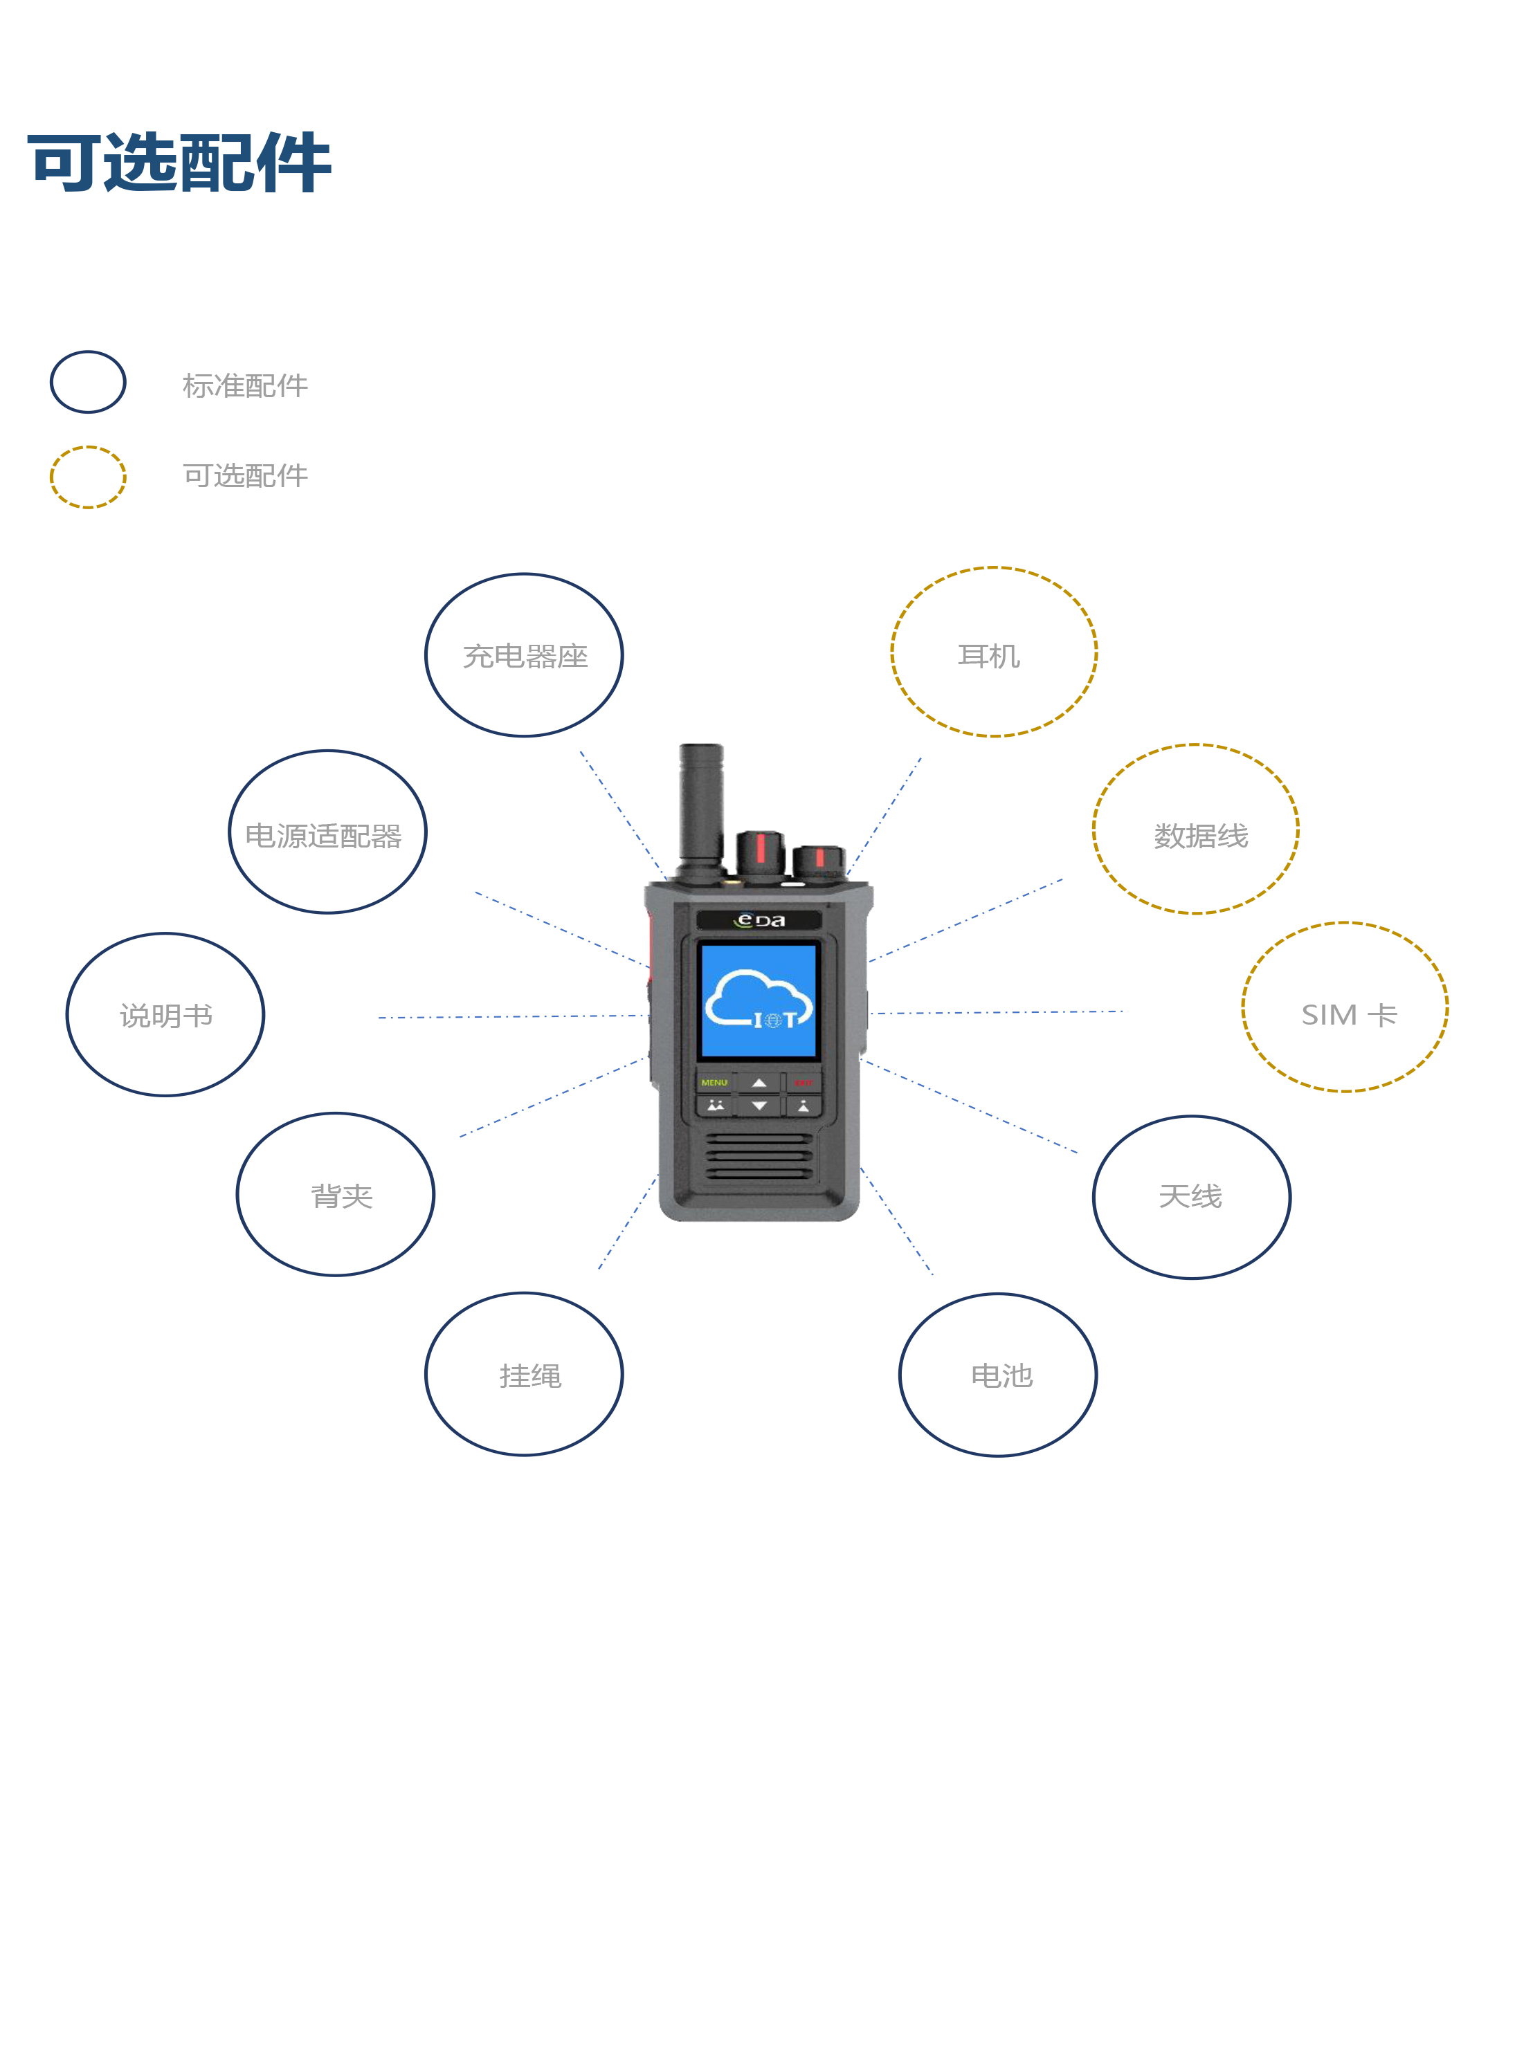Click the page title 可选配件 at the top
(180, 163)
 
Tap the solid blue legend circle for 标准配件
(88, 383)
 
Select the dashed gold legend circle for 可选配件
(88, 477)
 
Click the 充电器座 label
(525, 657)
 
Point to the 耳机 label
(988, 657)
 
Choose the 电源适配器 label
(324, 835)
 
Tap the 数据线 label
(1201, 835)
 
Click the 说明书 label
(166, 1016)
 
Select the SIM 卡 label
(1348, 1014)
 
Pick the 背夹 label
(341, 1196)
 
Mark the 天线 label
(1190, 1196)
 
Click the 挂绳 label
(530, 1375)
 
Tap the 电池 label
(1001, 1375)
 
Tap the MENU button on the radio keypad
(714, 1083)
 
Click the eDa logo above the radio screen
(759, 920)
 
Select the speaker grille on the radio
(759, 1157)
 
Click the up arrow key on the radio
(759, 1083)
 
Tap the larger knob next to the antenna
(759, 854)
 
